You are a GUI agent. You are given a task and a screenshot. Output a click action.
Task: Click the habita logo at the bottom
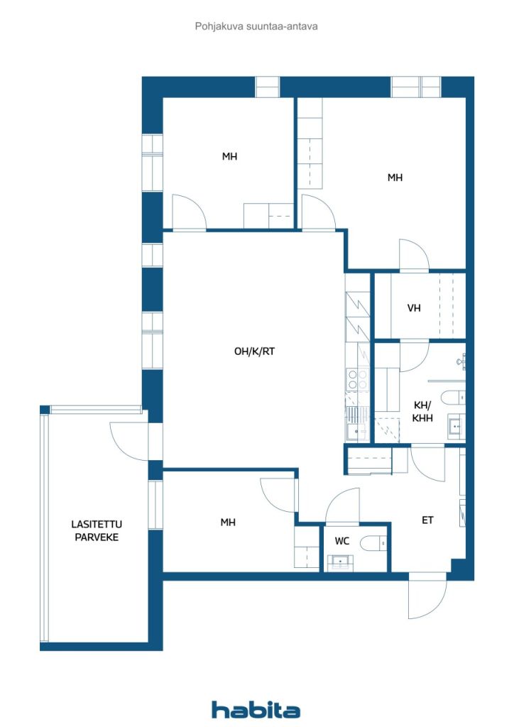tap(256, 709)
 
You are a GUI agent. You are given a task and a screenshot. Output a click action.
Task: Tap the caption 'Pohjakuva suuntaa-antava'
tap(256, 26)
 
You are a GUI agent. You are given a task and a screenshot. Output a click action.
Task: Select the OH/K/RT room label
tap(253, 351)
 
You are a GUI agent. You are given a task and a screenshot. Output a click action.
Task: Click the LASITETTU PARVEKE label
tap(94, 530)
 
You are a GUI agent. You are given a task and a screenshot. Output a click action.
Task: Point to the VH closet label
tap(414, 308)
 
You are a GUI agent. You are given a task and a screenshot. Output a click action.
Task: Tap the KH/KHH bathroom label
tap(422, 412)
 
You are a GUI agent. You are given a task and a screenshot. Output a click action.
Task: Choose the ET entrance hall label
tap(427, 520)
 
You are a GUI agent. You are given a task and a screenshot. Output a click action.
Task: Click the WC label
tap(342, 541)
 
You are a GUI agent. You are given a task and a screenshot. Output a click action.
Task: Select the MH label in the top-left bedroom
tap(229, 156)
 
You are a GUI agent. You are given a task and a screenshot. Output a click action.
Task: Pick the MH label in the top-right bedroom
tap(395, 177)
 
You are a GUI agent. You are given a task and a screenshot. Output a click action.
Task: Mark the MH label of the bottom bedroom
tap(227, 523)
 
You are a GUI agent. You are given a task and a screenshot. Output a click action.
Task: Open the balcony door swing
tap(128, 440)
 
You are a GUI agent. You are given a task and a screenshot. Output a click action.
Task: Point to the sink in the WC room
tap(342, 562)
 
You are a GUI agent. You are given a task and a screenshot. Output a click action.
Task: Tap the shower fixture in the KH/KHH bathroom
tap(461, 361)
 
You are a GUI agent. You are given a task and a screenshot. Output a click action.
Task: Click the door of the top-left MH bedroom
tap(188, 213)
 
